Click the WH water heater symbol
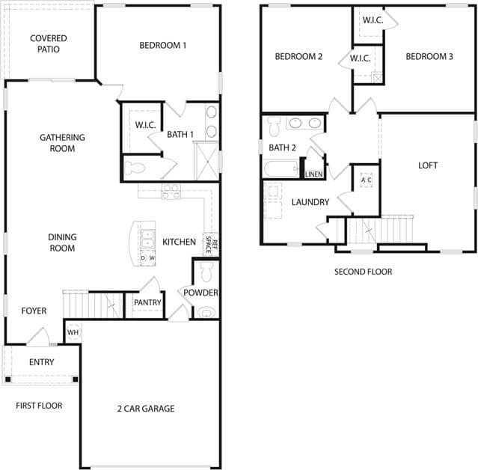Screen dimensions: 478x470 tap(73, 332)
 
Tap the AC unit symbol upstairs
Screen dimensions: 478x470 tap(366, 180)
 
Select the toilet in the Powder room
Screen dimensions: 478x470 tap(206, 272)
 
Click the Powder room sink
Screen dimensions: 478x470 tap(206, 313)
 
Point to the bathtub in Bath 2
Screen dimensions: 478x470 tap(281, 169)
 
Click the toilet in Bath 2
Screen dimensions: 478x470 tap(274, 126)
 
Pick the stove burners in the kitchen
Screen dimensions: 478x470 tap(171, 192)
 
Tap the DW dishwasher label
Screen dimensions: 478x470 tap(148, 257)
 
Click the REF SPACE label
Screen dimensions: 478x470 tap(211, 244)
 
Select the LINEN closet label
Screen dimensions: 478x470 tap(313, 174)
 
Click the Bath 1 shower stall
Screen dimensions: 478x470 tap(206, 161)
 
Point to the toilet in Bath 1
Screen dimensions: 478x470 tap(135, 168)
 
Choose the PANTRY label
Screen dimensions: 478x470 tap(147, 302)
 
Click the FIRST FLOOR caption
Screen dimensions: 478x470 tap(39, 406)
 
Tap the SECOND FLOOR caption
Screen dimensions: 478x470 tap(363, 272)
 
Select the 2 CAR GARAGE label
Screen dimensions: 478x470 tap(146, 409)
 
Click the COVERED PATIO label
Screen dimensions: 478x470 tap(49, 43)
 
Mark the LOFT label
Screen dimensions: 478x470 tap(428, 165)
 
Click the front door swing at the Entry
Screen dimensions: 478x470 tap(38, 337)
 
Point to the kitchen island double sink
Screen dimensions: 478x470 tap(148, 239)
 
